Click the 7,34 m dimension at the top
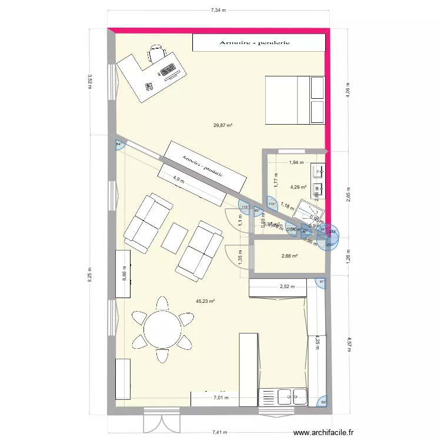coord(219,10)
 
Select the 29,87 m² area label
coord(223,125)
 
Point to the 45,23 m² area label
coord(205,301)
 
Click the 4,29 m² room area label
coord(299,188)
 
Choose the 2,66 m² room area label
coord(289,256)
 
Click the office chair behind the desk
coord(156,54)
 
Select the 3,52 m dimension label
coord(89,81)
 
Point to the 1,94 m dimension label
coord(296,162)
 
